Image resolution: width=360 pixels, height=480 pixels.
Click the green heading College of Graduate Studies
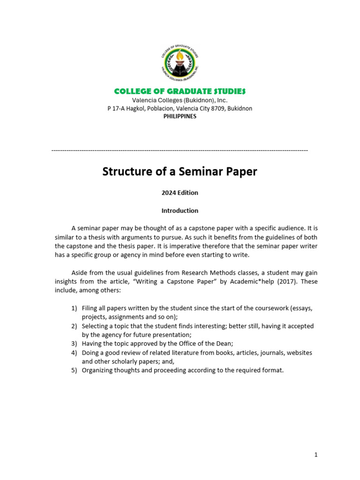(180, 91)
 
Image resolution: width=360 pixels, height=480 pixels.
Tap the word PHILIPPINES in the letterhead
(180, 116)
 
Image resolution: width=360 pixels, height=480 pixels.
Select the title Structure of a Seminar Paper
(180, 172)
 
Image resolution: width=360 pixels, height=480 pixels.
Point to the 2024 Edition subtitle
(180, 193)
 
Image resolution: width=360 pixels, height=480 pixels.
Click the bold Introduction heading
(180, 210)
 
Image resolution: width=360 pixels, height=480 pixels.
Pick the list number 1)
(74, 308)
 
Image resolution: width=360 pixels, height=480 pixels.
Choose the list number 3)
(74, 344)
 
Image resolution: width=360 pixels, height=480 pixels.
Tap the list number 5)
(74, 370)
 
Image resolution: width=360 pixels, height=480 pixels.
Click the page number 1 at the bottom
(316, 455)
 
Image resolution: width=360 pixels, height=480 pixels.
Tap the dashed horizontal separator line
(180, 150)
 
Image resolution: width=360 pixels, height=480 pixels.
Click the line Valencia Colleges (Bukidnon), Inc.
(180, 100)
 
